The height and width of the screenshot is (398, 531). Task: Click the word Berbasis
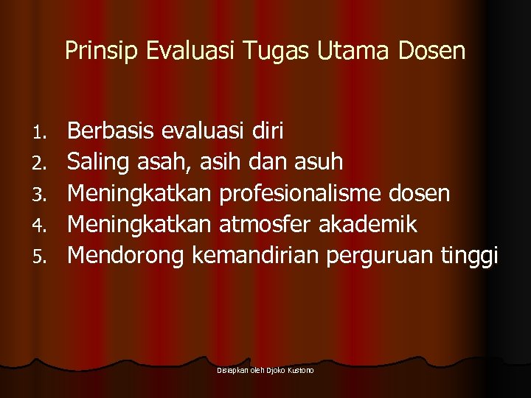click(111, 131)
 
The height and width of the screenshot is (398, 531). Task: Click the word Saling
click(100, 162)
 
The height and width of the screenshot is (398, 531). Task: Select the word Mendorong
click(126, 256)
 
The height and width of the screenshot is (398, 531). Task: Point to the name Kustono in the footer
click(300, 370)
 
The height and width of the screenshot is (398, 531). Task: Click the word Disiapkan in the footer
click(232, 370)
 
